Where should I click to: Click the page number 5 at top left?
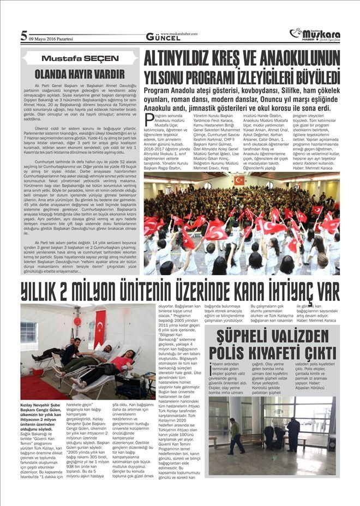(x=23, y=36)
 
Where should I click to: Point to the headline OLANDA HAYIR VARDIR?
(x=80, y=73)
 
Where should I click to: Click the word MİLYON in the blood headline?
(x=124, y=291)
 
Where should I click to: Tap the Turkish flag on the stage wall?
(x=239, y=180)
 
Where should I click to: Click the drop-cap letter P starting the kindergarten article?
(x=148, y=117)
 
